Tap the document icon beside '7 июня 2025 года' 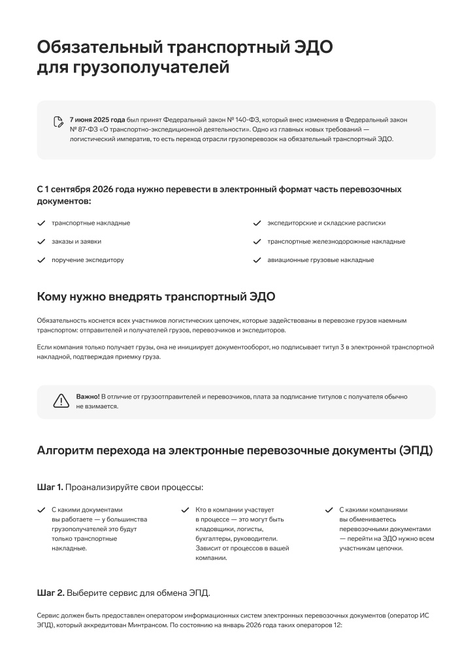pos(58,121)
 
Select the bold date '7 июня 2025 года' pos(97,120)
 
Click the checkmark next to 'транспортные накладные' pos(41,223)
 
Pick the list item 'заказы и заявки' pos(76,241)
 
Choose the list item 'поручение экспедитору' pos(88,260)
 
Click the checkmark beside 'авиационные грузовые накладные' pos(257,260)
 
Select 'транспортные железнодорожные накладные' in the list pos(336,241)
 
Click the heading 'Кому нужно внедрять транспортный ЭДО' pos(156,297)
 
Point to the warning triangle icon pos(61,401)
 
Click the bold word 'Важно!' pos(88,397)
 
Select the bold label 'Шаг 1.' pos(50,487)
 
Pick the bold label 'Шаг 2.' pos(50,593)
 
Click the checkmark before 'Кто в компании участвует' pos(185,510)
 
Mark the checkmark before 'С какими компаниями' pos(329,510)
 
